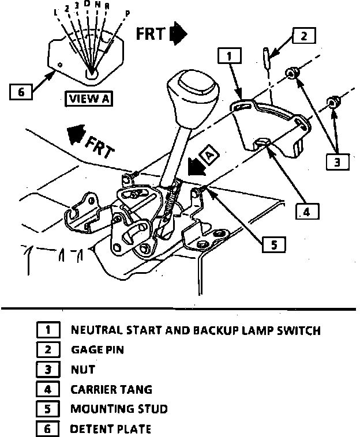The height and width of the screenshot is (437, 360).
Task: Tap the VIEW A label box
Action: click(x=89, y=98)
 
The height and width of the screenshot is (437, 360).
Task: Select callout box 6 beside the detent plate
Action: click(x=21, y=92)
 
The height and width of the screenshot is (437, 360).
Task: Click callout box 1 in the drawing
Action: click(x=229, y=56)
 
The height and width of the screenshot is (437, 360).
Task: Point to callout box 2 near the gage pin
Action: click(x=303, y=36)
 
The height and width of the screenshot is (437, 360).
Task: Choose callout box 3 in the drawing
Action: click(x=337, y=161)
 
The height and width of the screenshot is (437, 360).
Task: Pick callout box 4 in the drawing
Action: click(x=306, y=212)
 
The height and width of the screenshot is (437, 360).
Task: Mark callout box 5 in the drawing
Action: click(x=273, y=244)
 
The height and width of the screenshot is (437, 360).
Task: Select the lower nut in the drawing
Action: click(x=332, y=103)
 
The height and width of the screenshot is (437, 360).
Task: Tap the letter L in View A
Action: click(x=55, y=13)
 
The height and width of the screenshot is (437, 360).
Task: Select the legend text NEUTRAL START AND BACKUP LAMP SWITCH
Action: click(x=195, y=330)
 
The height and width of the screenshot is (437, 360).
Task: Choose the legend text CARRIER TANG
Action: click(x=111, y=389)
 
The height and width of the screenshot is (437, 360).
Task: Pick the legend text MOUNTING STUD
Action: click(x=118, y=409)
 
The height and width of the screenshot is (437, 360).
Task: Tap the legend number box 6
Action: click(x=48, y=428)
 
